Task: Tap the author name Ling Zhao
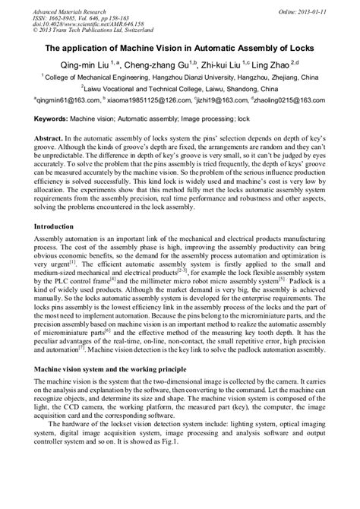[x=283, y=65]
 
